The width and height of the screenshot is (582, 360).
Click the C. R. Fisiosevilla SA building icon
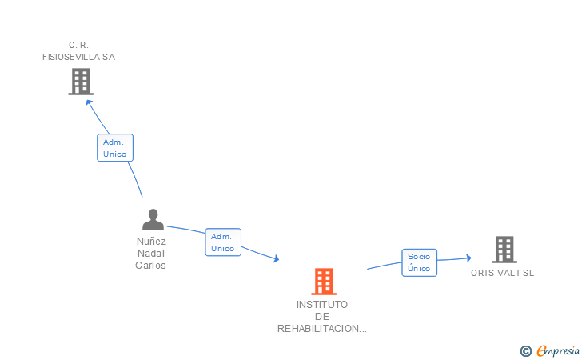pyautogui.click(x=81, y=82)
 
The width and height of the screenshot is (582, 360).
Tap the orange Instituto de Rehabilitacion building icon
pyautogui.click(x=324, y=282)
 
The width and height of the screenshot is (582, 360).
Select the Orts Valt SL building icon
pyautogui.click(x=504, y=250)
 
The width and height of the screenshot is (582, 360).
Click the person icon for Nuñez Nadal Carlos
pyautogui.click(x=153, y=219)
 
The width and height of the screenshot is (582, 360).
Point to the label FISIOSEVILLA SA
pyautogui.click(x=78, y=57)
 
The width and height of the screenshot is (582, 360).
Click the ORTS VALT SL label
pyautogui.click(x=502, y=273)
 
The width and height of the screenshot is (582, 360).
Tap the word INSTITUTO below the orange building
pyautogui.click(x=322, y=305)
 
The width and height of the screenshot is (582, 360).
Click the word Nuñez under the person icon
pyautogui.click(x=151, y=242)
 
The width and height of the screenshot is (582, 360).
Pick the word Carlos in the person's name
pyautogui.click(x=150, y=266)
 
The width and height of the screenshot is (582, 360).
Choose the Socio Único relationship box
pyautogui.click(x=420, y=262)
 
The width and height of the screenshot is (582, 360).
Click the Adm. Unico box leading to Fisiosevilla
pyautogui.click(x=115, y=148)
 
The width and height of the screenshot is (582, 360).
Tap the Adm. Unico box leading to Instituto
pyautogui.click(x=223, y=242)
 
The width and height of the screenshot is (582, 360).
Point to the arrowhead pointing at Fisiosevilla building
pyautogui.click(x=88, y=103)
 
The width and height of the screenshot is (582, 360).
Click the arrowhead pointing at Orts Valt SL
pyautogui.click(x=468, y=258)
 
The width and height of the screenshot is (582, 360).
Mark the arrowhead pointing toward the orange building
pyautogui.click(x=276, y=258)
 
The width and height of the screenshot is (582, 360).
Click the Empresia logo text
pyautogui.click(x=558, y=350)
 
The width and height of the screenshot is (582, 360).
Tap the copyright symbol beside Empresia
pyautogui.click(x=525, y=351)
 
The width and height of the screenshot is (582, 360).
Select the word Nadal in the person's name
pyautogui.click(x=150, y=254)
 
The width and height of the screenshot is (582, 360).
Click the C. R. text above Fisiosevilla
pyautogui.click(x=78, y=45)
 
